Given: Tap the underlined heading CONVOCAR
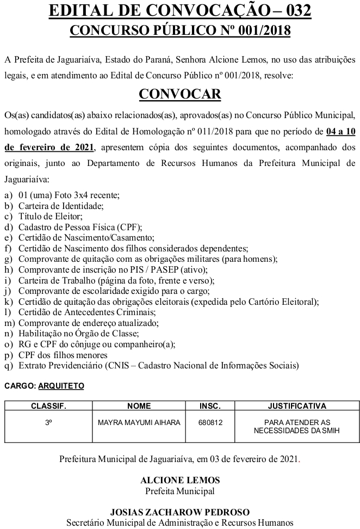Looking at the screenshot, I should tap(180, 94).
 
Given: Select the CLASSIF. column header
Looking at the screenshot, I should tap(48, 406).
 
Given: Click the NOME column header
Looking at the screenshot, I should tap(139, 406).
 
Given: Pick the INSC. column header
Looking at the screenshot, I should tap(210, 406).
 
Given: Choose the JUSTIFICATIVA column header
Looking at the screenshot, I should tap(297, 406).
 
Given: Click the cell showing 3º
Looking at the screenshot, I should tap(48, 422).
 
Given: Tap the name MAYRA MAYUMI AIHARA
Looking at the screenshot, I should tap(139, 422).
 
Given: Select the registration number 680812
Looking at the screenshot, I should tap(210, 422).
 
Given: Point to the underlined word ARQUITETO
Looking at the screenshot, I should tap(61, 386).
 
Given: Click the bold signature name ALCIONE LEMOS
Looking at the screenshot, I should tap(180, 481).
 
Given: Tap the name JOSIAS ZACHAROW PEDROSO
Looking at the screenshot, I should tap(180, 512).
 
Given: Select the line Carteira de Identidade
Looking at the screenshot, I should tap(60, 206).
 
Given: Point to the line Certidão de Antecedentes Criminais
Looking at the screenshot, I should tap(87, 312).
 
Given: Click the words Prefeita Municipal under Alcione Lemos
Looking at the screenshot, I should tap(180, 491).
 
